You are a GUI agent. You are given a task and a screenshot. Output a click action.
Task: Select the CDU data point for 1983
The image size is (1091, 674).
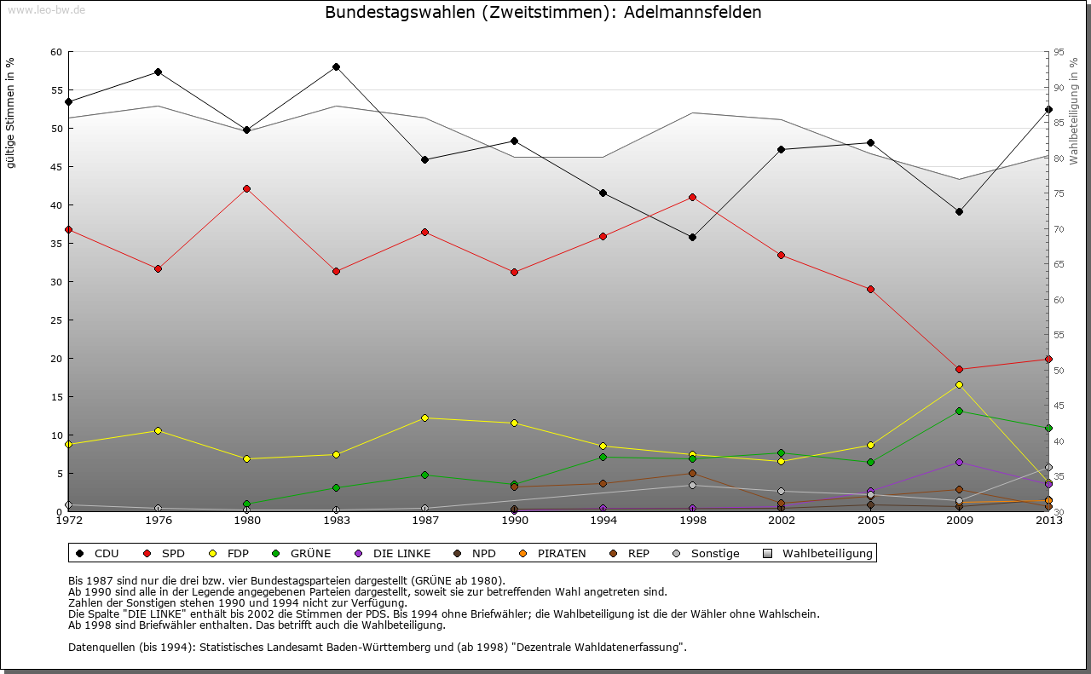(x=336, y=66)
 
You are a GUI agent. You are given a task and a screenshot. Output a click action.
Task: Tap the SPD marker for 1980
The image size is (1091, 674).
(x=247, y=188)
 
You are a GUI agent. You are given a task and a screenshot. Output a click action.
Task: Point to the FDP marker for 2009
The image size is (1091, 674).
(x=959, y=384)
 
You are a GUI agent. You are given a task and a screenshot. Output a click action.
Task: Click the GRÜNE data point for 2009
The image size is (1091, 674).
(x=959, y=411)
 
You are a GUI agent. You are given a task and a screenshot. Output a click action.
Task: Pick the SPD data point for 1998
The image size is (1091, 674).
(x=692, y=197)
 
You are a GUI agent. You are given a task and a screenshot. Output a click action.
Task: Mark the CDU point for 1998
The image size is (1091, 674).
(x=692, y=237)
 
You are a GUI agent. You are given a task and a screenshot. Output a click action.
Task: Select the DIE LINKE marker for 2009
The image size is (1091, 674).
(x=959, y=462)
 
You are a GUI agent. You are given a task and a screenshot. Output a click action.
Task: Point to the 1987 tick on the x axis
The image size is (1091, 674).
(x=424, y=520)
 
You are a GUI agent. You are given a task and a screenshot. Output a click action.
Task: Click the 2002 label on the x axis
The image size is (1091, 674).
(x=781, y=520)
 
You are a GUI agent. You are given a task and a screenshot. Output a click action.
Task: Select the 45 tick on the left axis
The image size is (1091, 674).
(x=56, y=167)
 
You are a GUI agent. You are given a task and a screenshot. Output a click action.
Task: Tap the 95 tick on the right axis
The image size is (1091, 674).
(x=1058, y=52)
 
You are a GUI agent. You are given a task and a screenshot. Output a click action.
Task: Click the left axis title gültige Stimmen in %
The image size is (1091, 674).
(x=10, y=113)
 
